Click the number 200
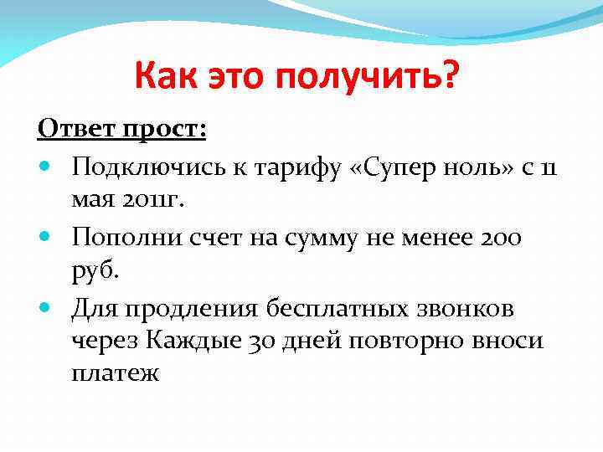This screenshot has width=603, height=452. click(499, 239)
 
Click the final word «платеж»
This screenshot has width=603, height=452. click(116, 373)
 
